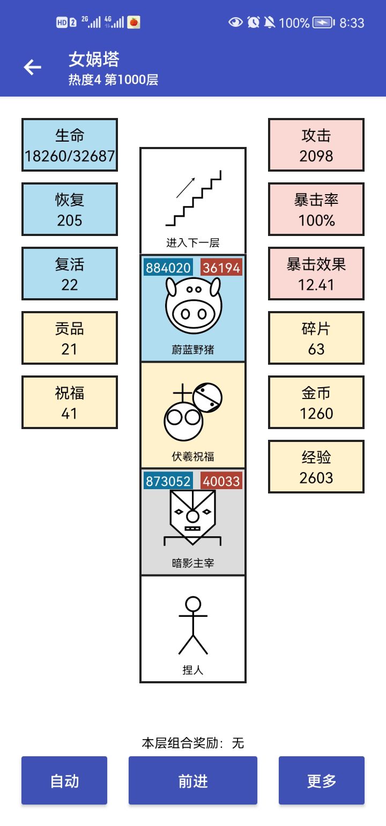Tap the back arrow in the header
[x=33, y=67]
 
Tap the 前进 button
[x=193, y=780]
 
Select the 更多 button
[x=322, y=780]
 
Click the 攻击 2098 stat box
[x=316, y=145]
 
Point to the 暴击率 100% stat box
[x=316, y=209]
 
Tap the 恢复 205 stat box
[x=70, y=209]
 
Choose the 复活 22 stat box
[x=70, y=274]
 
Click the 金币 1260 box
[x=316, y=402]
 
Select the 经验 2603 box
[x=316, y=467]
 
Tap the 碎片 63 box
[x=316, y=338]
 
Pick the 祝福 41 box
[x=70, y=402]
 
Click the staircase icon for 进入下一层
[x=193, y=198]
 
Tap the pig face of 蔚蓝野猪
[x=193, y=305]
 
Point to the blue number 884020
[x=168, y=268]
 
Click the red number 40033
[x=221, y=481]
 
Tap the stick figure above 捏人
[x=193, y=625]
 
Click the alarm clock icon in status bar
[x=253, y=23]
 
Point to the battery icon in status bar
[x=323, y=23]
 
